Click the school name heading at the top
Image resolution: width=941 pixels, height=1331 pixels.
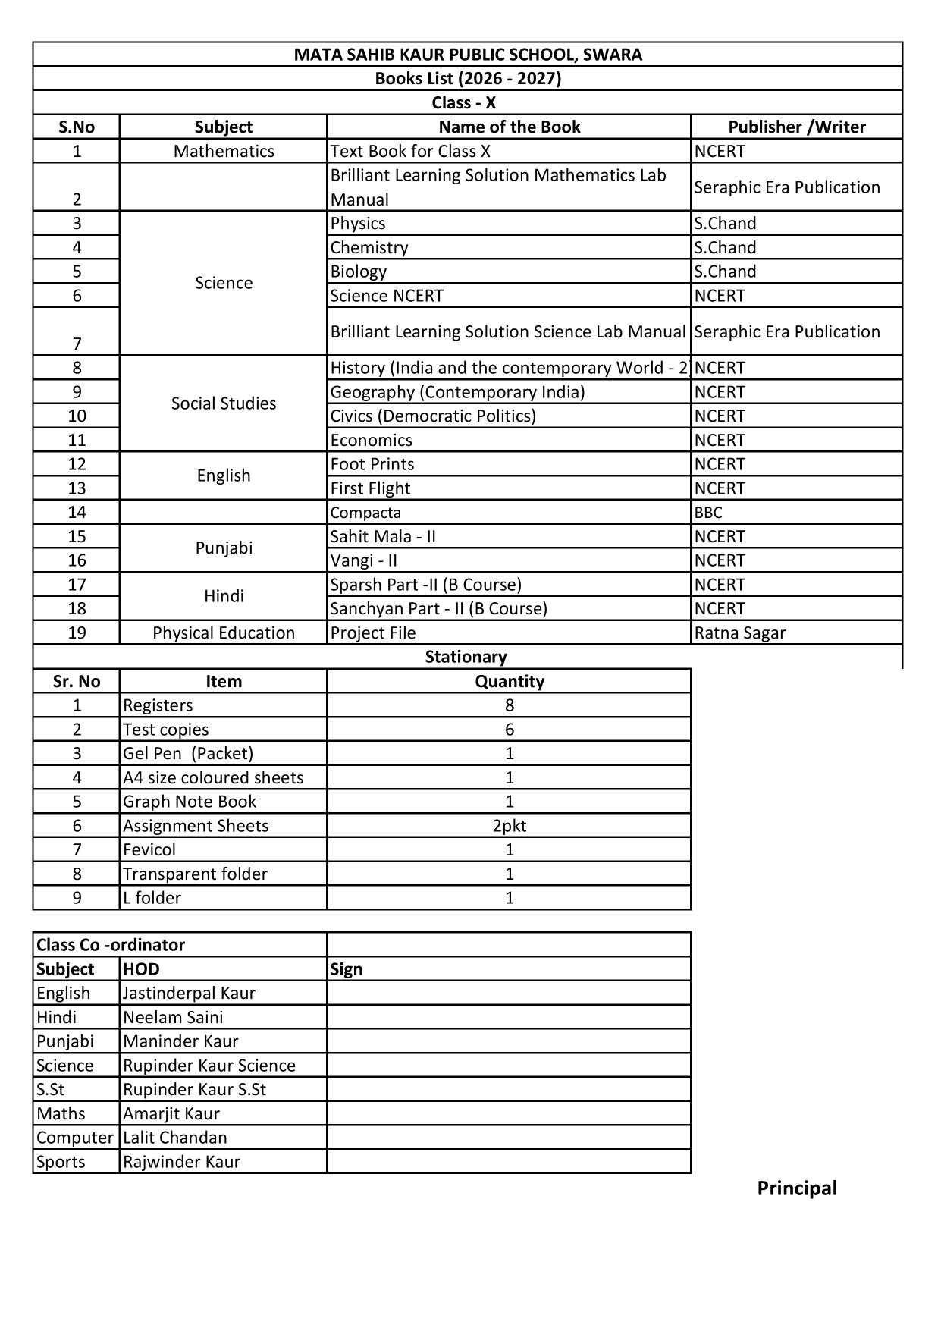coord(468,55)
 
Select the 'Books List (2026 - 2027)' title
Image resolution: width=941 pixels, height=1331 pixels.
coord(468,79)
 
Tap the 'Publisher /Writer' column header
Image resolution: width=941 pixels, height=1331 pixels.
coord(796,127)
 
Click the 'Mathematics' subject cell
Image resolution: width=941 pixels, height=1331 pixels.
coord(224,151)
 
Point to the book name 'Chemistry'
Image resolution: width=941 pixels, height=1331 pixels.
coord(369,247)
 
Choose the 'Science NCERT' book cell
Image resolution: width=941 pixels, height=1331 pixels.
coord(387,296)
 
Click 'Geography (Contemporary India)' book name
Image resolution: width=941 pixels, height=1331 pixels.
coord(457,392)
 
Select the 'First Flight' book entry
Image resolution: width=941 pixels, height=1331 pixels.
coord(370,488)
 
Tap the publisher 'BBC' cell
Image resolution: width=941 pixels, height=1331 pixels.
coord(708,513)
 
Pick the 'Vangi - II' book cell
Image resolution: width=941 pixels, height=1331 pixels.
coord(363,560)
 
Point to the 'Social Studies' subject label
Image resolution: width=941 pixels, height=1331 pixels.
coord(224,403)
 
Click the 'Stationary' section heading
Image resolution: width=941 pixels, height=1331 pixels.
coord(466,657)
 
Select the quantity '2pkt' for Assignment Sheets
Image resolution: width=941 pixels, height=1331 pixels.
coord(509,826)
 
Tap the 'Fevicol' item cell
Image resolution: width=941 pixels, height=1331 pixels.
coord(149,849)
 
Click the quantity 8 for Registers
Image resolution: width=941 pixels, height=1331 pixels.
coord(509,705)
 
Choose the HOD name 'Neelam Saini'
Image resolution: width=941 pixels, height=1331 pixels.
coord(173,1017)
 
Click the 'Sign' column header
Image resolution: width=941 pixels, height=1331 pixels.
coord(347,969)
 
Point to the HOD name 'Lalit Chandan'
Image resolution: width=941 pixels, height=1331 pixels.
coord(175,1138)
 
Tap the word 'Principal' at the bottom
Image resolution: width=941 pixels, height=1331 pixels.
coord(797,1188)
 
